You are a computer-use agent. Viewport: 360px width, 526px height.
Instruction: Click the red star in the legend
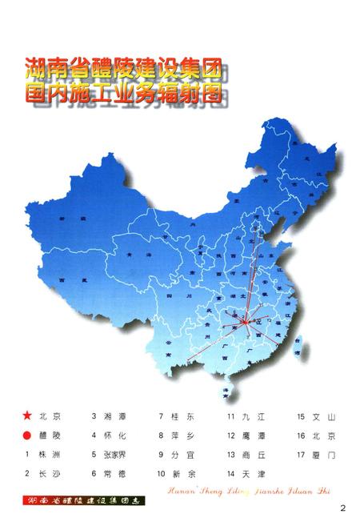(28, 416)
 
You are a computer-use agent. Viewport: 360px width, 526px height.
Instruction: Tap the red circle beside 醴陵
(28, 436)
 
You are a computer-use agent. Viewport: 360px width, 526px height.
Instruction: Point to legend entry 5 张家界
(117, 455)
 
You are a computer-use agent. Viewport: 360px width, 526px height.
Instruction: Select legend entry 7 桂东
(181, 416)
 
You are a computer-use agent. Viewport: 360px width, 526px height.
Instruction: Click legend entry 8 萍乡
(181, 436)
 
